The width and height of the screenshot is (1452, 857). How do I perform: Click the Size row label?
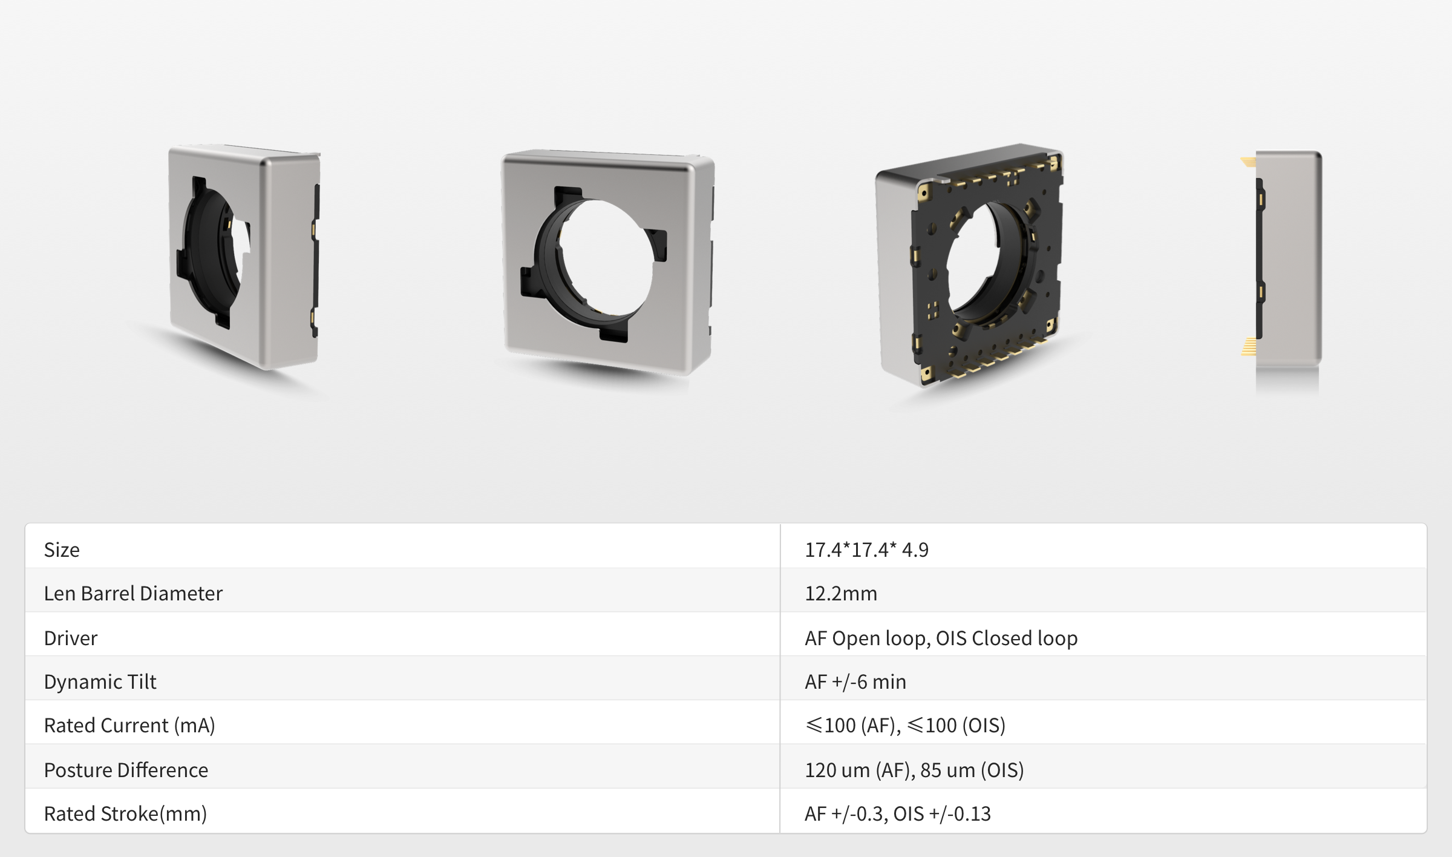tap(62, 550)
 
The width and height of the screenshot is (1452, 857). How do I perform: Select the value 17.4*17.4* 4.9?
tap(866, 550)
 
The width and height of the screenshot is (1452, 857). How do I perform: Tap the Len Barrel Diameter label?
tap(133, 593)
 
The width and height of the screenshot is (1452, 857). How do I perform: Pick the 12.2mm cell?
tap(840, 593)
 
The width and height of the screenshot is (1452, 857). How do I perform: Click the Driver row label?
tap(71, 638)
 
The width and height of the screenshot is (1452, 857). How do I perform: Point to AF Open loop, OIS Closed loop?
tap(941, 638)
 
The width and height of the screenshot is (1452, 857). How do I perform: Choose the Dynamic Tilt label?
tap(100, 681)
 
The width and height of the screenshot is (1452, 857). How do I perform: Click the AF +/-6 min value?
tap(855, 681)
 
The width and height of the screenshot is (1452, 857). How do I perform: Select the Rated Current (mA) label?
tap(129, 725)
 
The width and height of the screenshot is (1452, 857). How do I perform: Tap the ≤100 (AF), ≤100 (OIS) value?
tap(905, 725)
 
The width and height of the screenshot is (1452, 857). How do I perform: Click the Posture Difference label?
tap(126, 770)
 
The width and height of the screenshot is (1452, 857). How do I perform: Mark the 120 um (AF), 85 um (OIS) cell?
tap(914, 770)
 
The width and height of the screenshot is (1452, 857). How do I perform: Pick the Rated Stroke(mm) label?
tap(125, 813)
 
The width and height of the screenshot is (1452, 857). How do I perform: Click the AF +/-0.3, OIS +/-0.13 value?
tap(897, 813)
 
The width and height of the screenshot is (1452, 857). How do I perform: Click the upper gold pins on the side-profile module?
tap(1248, 162)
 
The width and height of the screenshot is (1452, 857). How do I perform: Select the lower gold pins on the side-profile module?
tap(1248, 346)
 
